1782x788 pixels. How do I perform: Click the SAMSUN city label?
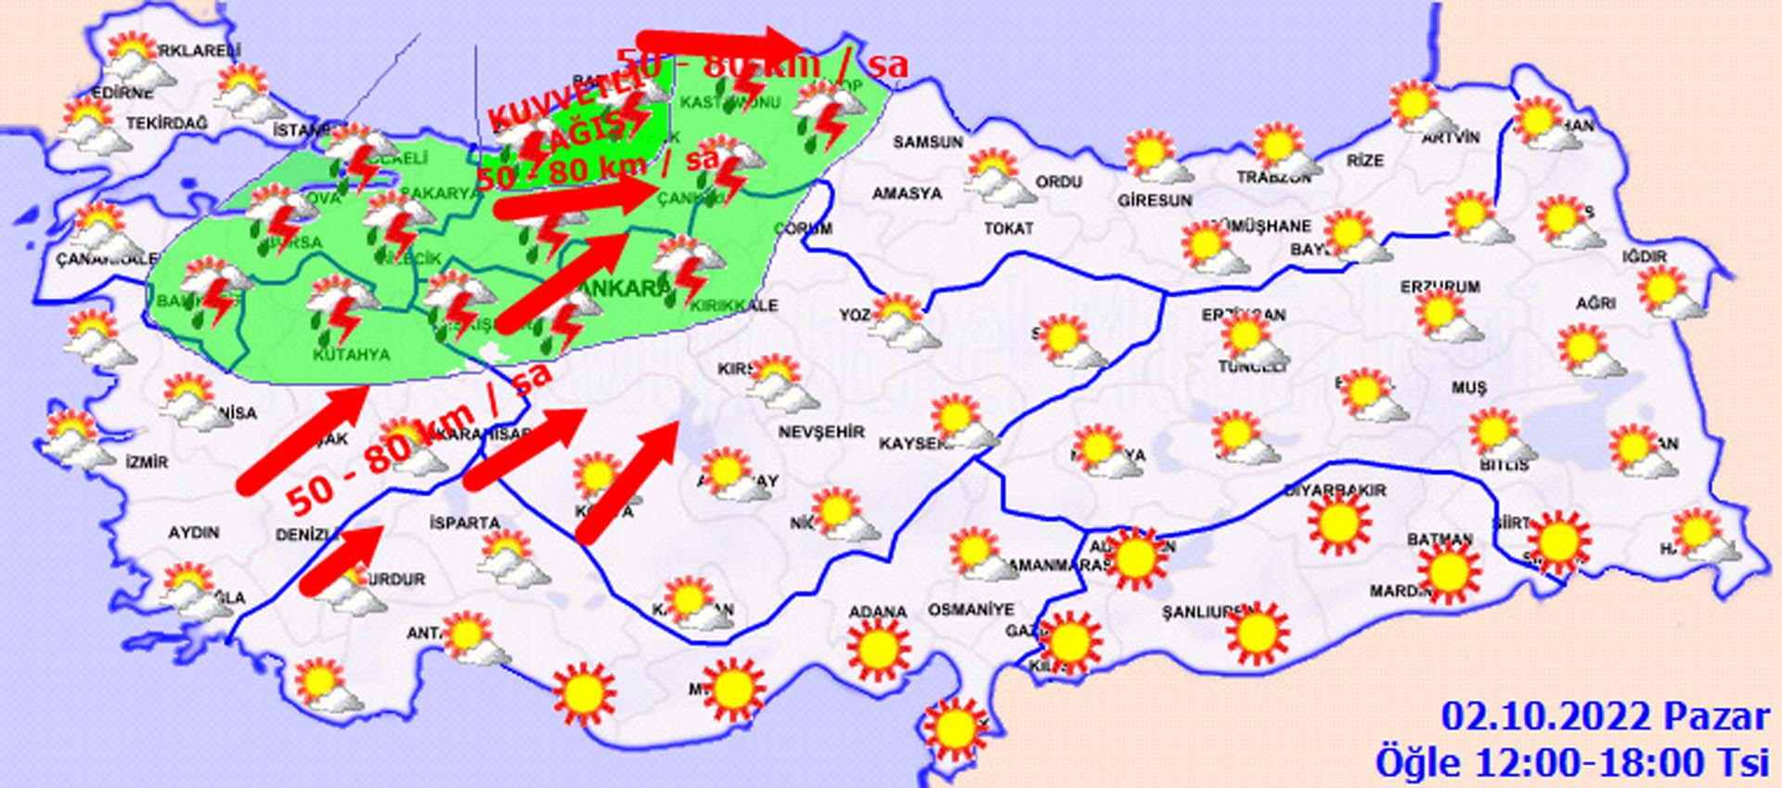(x=927, y=142)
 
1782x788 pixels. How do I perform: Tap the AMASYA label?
(x=907, y=194)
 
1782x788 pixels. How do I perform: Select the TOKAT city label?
(x=1008, y=227)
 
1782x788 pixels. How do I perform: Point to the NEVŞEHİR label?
(x=820, y=432)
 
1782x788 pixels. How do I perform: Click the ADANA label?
(x=877, y=612)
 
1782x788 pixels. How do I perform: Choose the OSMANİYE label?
(x=971, y=610)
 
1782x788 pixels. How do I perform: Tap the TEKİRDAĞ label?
(x=167, y=123)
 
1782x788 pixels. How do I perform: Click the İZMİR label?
(x=147, y=461)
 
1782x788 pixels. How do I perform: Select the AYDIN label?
(x=193, y=533)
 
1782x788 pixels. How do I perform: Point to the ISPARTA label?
(x=464, y=523)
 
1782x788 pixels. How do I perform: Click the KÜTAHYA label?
(x=351, y=355)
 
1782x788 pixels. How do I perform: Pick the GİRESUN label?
(x=1154, y=200)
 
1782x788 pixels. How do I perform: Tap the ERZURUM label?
(x=1440, y=287)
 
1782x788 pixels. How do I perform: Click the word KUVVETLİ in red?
(x=564, y=101)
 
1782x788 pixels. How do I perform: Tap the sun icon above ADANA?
(x=877, y=650)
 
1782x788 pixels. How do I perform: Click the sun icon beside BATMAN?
(x=1447, y=571)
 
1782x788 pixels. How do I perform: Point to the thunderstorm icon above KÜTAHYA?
(x=339, y=309)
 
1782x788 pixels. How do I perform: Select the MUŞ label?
(x=1468, y=388)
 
